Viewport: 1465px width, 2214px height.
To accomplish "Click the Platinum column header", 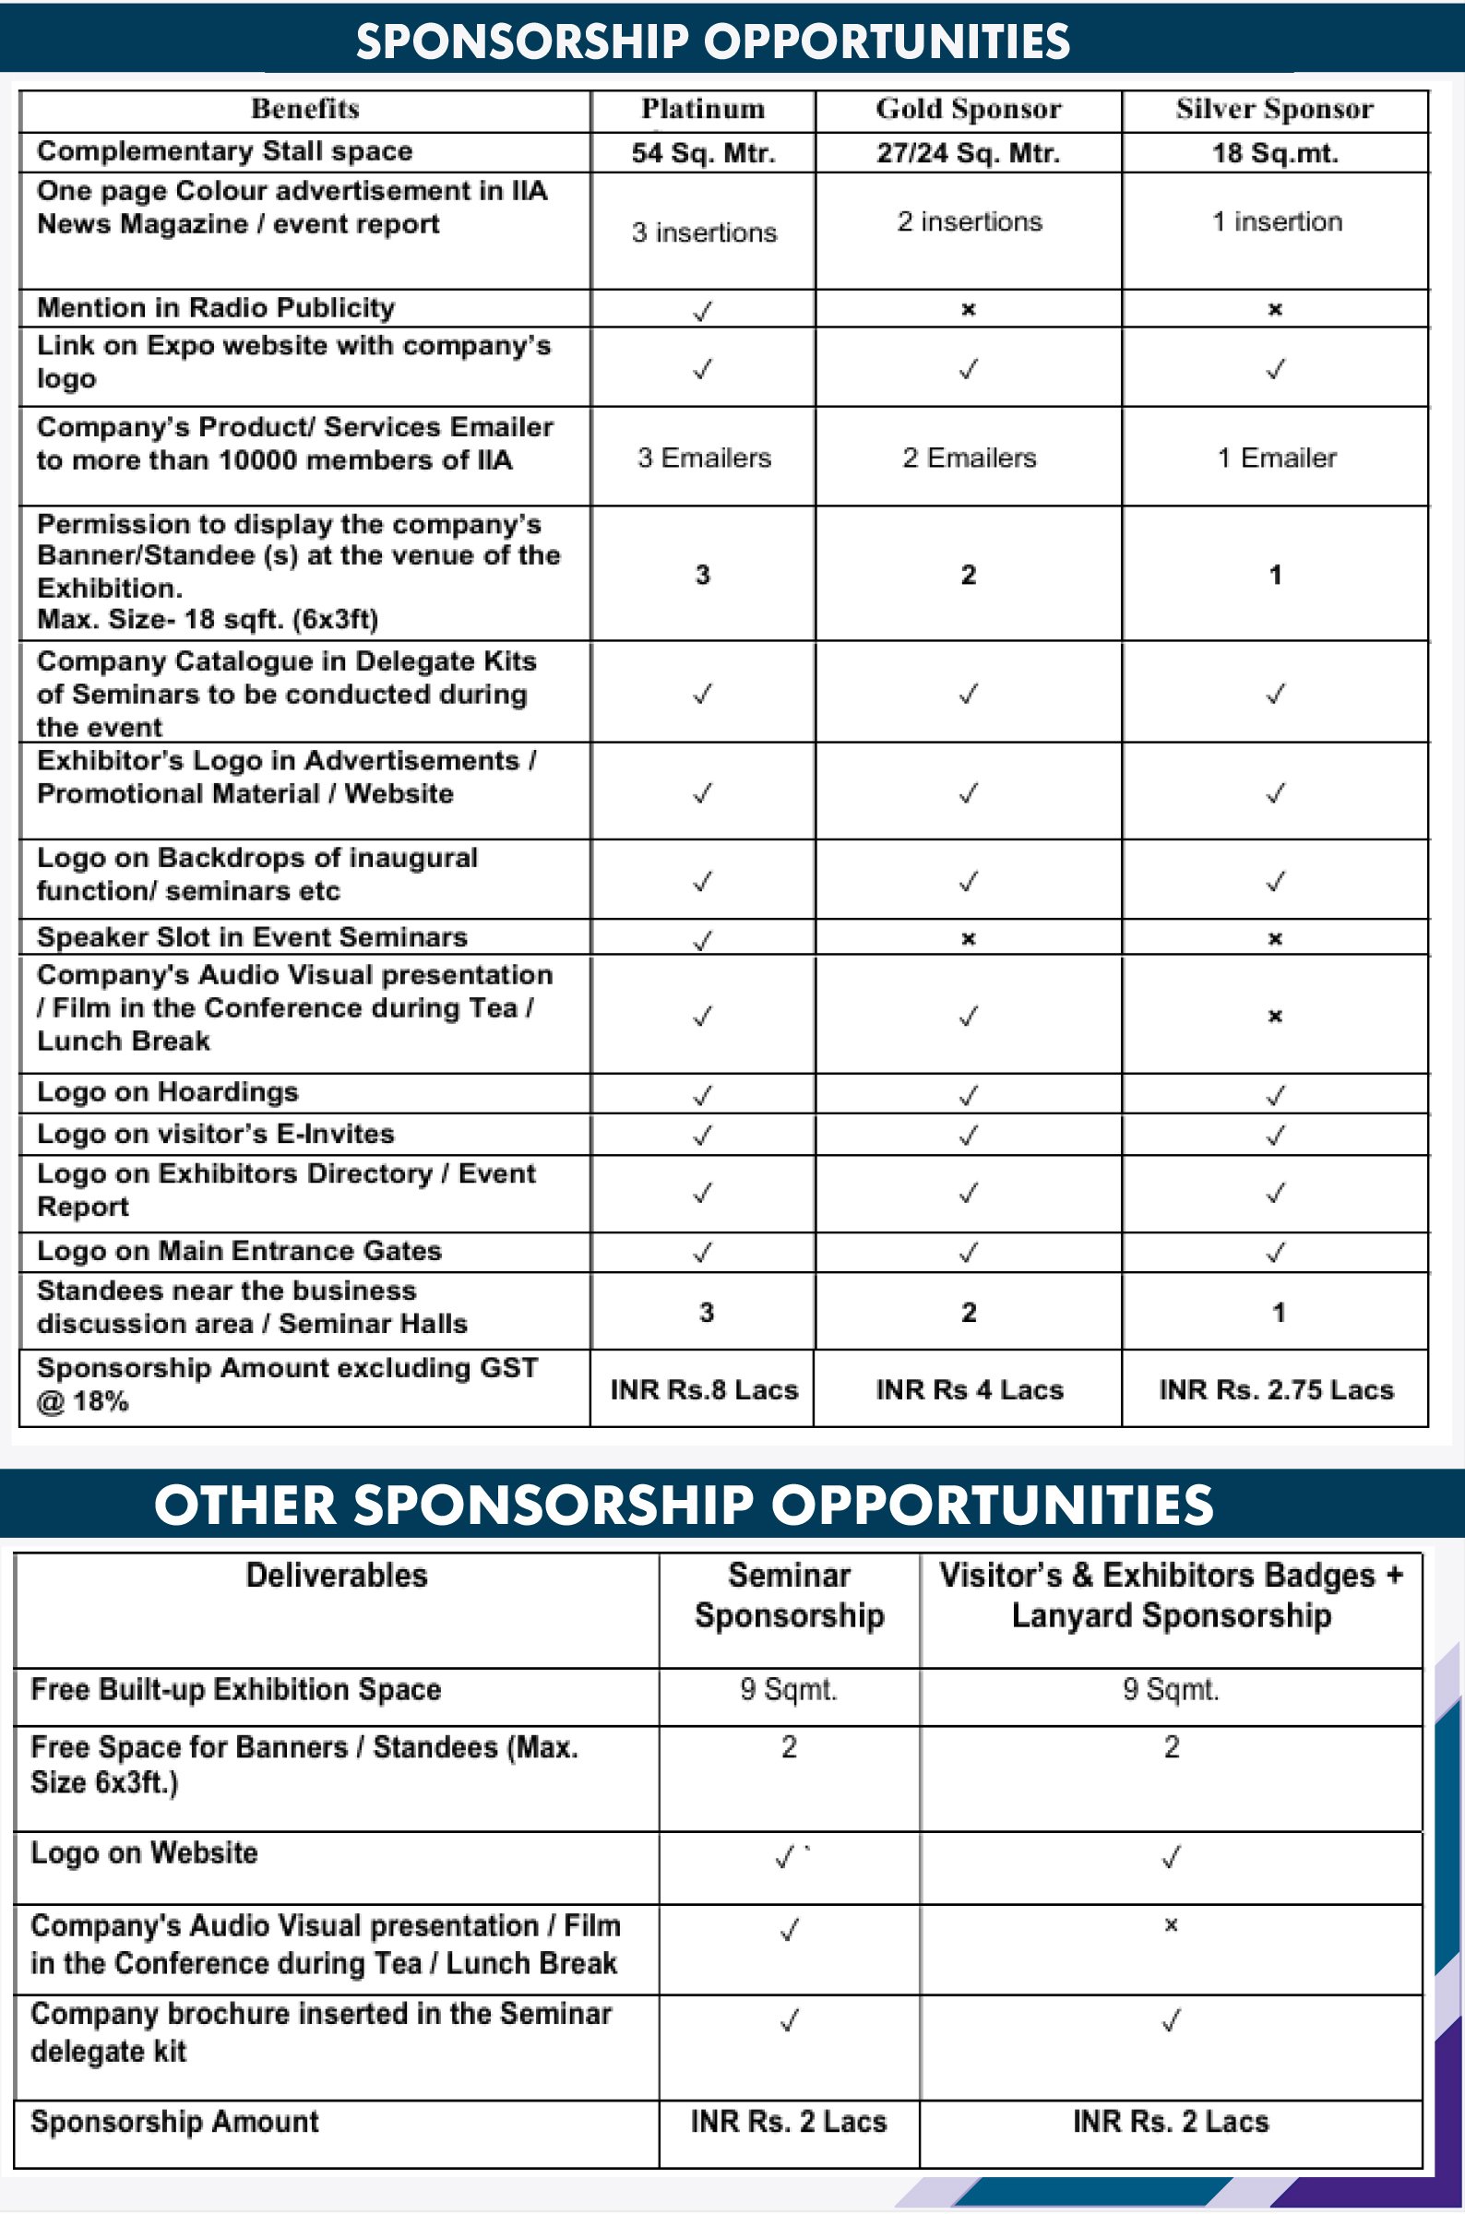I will (703, 109).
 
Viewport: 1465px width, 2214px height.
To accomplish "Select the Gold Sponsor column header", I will (968, 109).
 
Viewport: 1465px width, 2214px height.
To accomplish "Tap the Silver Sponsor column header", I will (1274, 109).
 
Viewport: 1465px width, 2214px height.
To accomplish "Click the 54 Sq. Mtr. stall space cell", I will (704, 152).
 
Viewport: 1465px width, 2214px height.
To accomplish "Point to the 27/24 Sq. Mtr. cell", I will (968, 152).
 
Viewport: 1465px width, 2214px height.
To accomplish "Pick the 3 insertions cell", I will (704, 232).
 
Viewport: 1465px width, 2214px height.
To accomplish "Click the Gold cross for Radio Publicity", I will (968, 309).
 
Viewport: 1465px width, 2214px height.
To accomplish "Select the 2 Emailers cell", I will (969, 458).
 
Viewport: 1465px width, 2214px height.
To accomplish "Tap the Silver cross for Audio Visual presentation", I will (1274, 1016).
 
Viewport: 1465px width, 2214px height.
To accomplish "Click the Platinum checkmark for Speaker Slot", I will (703, 939).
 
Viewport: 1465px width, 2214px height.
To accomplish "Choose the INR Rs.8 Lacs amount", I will (704, 1389).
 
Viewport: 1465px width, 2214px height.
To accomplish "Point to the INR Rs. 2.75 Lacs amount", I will (1275, 1389).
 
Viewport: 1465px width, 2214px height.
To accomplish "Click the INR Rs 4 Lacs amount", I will (969, 1389).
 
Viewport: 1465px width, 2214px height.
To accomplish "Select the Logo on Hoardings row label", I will (167, 1091).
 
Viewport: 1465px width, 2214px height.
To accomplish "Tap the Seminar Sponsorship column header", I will (789, 1596).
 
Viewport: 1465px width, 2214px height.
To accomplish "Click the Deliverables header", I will (337, 1575).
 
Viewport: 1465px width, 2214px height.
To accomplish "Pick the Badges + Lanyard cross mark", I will (1171, 1924).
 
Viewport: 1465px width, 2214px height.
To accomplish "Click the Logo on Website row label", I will (144, 1852).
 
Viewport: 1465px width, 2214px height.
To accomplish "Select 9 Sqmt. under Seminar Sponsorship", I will (789, 1689).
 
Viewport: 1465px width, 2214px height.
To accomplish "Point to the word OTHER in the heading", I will (244, 1505).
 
